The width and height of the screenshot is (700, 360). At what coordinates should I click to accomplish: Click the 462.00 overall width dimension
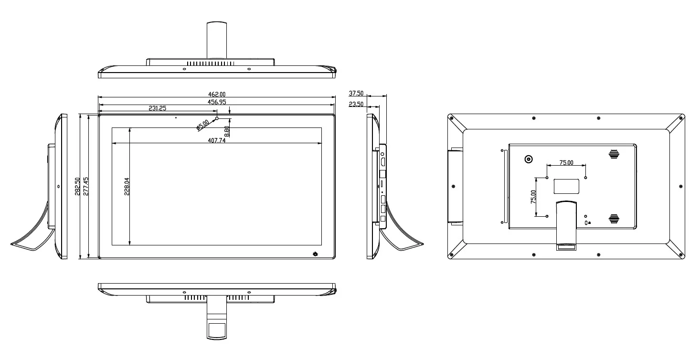tap(217, 94)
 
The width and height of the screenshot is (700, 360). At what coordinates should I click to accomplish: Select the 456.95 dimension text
tap(217, 102)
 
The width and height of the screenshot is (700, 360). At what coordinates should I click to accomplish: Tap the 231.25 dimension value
tap(157, 108)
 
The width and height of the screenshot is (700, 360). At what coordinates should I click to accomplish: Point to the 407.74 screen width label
tap(217, 140)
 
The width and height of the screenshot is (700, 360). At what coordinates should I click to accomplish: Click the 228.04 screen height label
tap(127, 187)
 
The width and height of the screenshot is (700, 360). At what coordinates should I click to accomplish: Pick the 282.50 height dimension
tap(77, 187)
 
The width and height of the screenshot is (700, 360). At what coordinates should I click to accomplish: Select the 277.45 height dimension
tap(85, 187)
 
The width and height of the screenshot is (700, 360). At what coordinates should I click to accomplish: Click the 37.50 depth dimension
tap(356, 93)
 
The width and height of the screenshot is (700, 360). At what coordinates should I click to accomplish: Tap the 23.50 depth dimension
tap(356, 104)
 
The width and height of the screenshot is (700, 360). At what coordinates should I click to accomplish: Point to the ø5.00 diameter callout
tap(203, 125)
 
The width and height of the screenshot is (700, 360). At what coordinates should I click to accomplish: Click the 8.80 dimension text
tap(227, 131)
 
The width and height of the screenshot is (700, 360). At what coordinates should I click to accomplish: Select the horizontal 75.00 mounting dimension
tap(566, 162)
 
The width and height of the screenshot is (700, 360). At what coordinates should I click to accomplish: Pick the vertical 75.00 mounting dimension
tap(533, 197)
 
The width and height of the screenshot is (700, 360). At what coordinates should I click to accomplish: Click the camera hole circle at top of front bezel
tap(217, 118)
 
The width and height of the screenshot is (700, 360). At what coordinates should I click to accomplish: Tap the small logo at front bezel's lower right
tap(315, 254)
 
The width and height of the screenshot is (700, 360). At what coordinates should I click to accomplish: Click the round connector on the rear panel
tap(529, 159)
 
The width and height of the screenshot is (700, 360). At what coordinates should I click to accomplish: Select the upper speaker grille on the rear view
tap(614, 154)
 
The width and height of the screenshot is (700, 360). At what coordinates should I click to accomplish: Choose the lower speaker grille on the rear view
tap(614, 219)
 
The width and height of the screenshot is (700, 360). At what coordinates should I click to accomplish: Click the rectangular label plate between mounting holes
tap(566, 186)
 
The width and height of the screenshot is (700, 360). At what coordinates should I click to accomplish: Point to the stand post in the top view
tap(217, 40)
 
